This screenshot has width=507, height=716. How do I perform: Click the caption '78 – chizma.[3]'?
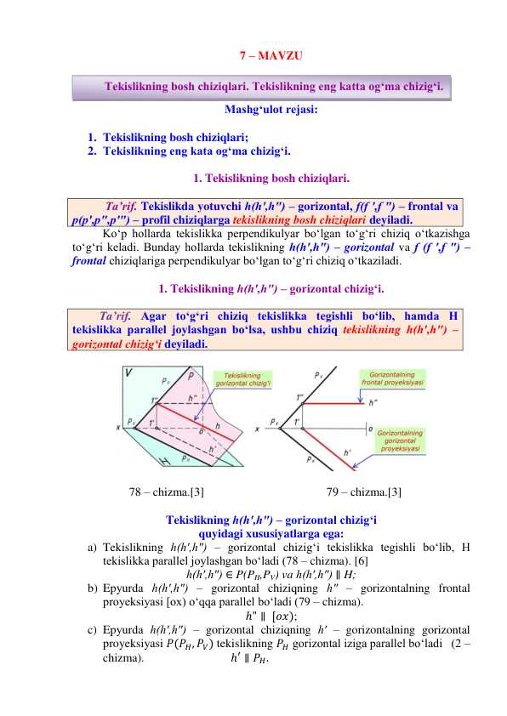click(x=166, y=492)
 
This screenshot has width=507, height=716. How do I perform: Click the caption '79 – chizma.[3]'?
click(x=364, y=492)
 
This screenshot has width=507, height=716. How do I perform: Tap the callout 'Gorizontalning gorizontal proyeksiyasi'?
click(x=401, y=440)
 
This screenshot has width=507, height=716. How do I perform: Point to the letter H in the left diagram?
click(x=140, y=460)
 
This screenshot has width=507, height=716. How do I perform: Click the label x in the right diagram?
click(x=258, y=429)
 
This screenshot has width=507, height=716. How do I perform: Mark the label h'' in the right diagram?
click(x=373, y=403)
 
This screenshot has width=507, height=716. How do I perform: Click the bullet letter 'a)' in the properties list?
click(x=93, y=547)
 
